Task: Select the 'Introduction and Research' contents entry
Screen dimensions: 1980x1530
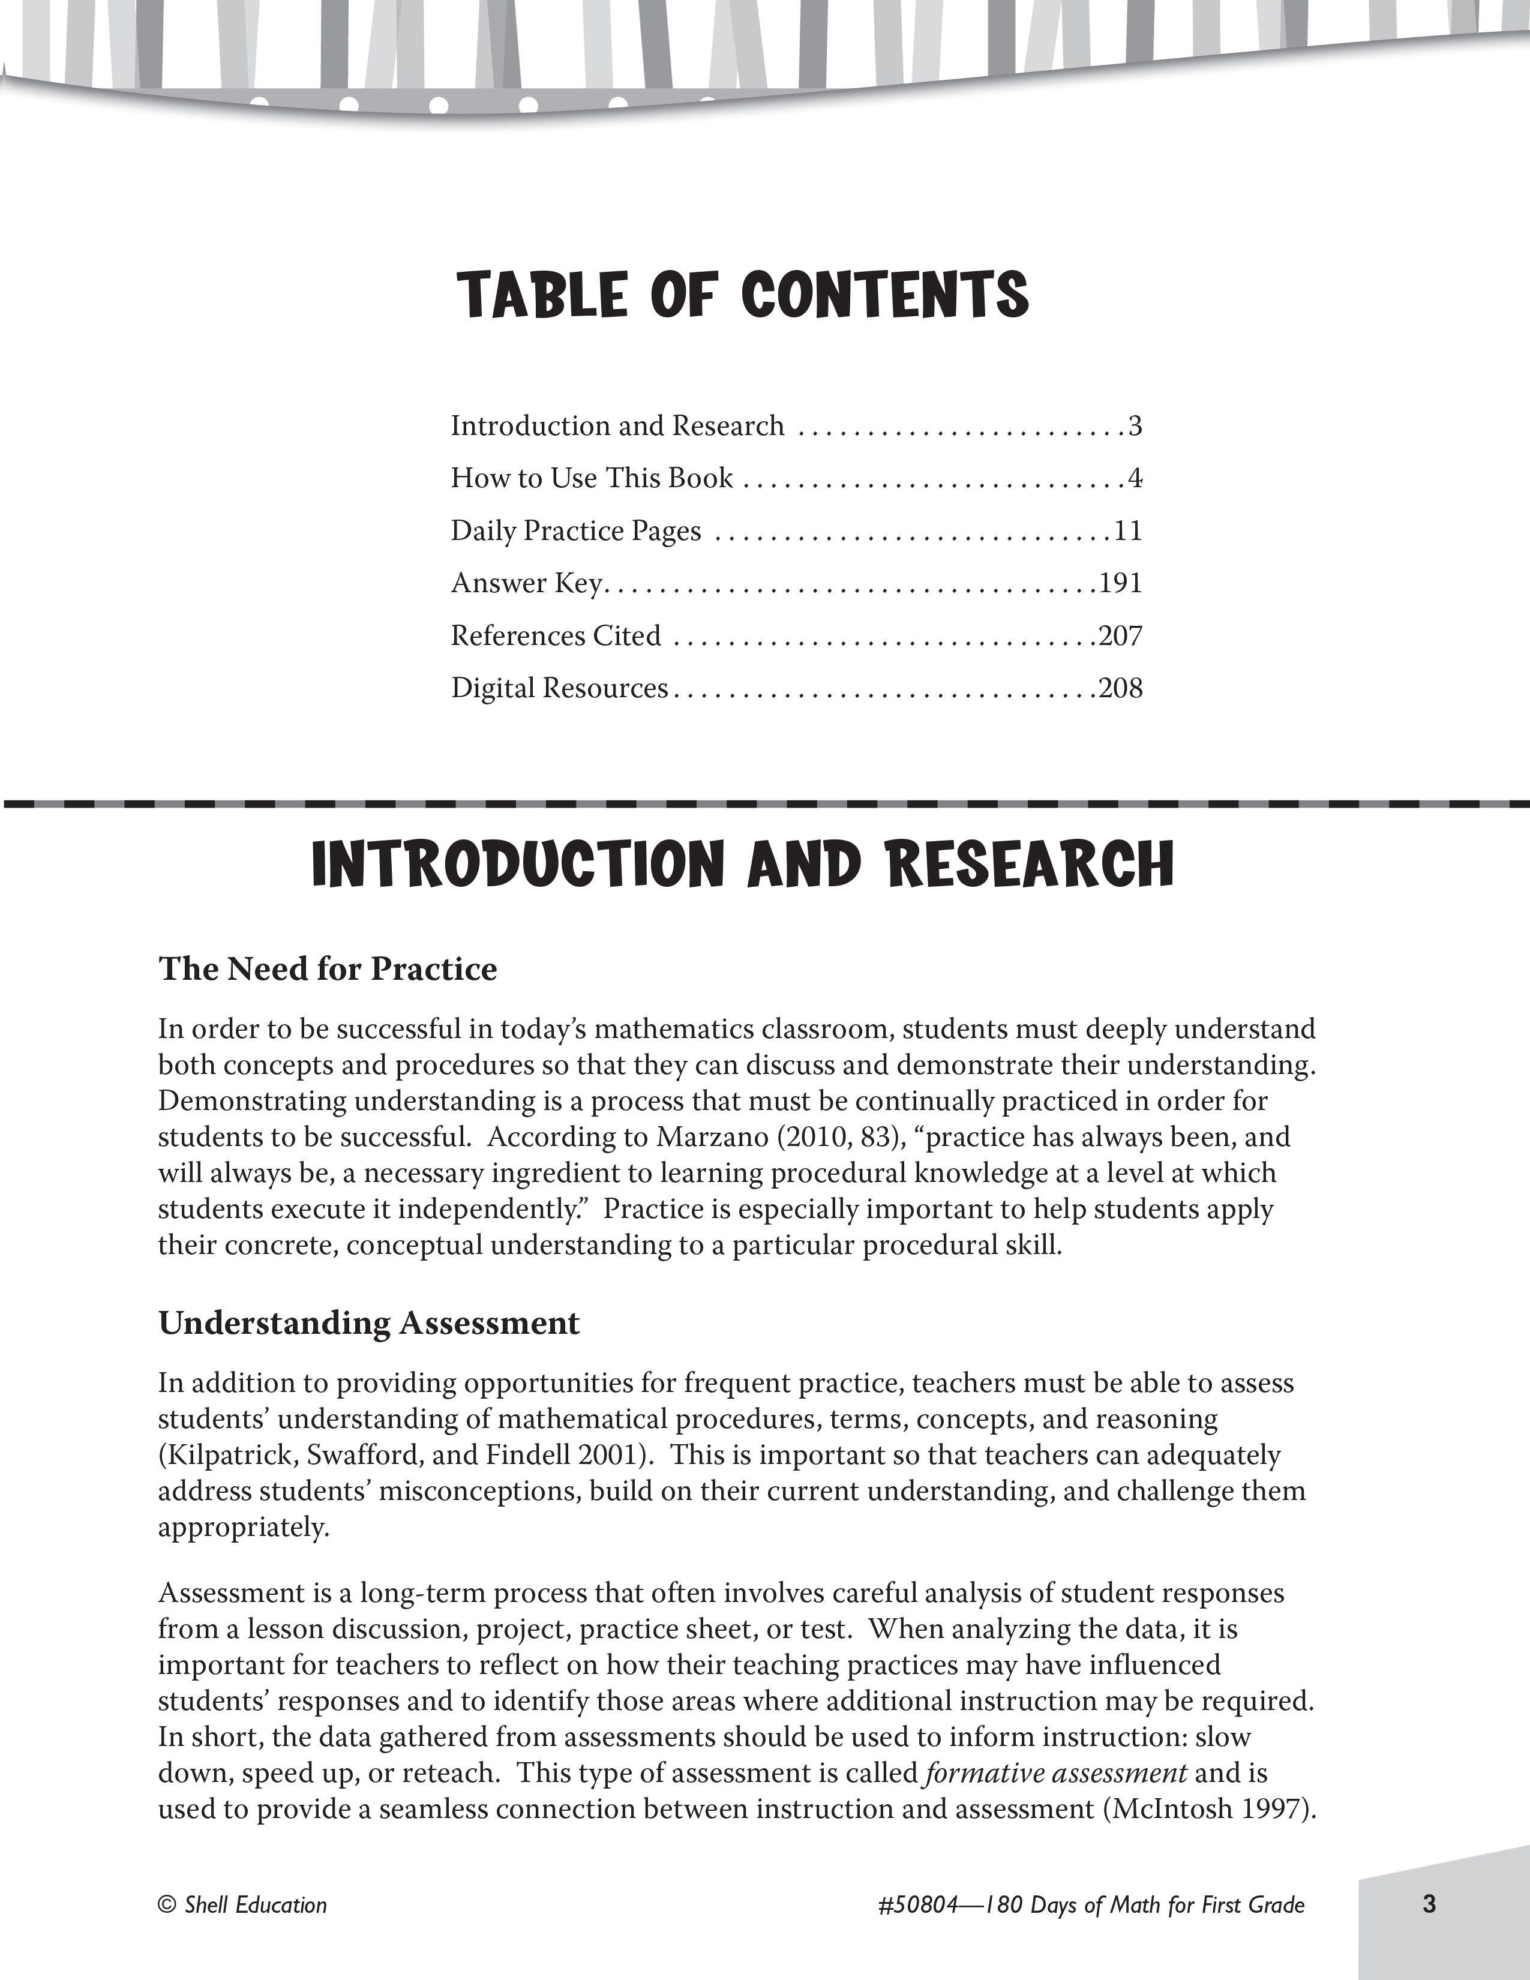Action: click(617, 426)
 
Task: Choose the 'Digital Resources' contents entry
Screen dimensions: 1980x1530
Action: click(559, 688)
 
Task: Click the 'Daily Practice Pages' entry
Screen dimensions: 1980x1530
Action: click(575, 530)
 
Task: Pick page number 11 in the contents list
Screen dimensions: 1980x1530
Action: click(1127, 530)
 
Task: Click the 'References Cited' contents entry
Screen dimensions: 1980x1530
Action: click(556, 635)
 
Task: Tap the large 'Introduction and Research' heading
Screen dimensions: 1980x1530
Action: click(742, 864)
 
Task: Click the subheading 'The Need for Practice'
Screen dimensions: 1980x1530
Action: click(328, 969)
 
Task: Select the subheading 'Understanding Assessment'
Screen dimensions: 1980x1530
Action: click(369, 1323)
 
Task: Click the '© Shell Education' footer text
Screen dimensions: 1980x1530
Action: click(242, 1905)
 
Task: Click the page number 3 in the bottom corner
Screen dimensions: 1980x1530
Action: click(1429, 1904)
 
